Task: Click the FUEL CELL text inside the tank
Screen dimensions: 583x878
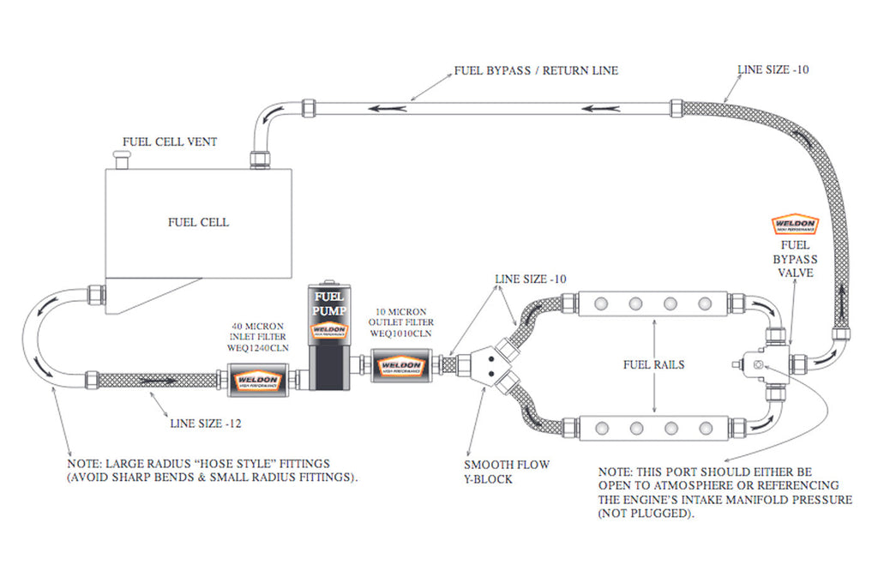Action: [x=198, y=222]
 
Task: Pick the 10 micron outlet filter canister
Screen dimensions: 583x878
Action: [x=400, y=366]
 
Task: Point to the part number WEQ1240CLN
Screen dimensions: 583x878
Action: [x=258, y=349]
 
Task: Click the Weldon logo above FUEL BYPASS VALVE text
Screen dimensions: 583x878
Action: [x=795, y=225]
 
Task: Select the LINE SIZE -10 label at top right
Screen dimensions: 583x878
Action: [x=773, y=69]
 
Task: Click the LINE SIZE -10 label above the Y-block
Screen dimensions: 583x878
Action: [x=530, y=279]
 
